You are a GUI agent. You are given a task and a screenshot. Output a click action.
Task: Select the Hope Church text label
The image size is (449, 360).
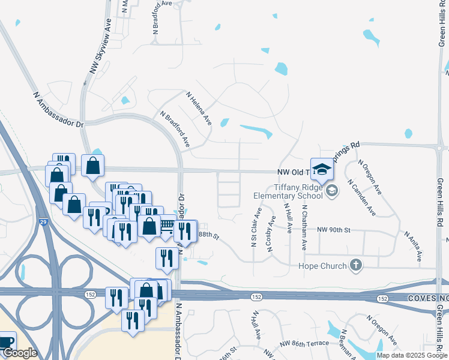click(322, 266)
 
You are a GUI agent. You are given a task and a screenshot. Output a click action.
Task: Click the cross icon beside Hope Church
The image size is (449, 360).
click(356, 265)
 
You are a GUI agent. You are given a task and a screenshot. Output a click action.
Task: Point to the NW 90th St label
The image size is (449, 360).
click(333, 230)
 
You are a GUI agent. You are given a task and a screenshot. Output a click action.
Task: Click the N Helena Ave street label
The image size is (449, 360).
click(199, 108)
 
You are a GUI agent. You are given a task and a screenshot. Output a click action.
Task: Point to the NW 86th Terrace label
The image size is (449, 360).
click(304, 343)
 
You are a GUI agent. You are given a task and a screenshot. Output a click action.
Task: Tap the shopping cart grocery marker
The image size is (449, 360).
click(166, 225)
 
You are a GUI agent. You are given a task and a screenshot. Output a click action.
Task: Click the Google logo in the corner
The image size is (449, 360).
click(20, 353)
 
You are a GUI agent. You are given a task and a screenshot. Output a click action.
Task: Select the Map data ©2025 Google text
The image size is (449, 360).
click(412, 355)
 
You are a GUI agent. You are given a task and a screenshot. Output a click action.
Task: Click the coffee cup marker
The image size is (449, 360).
click(7, 342)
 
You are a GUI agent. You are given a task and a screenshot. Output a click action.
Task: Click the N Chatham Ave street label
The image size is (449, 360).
click(304, 227)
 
